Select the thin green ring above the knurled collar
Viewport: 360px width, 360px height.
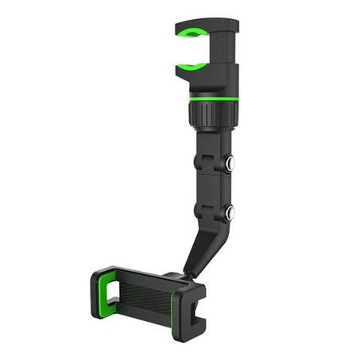[x=214, y=98]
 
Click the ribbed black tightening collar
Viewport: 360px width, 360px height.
[x=213, y=113]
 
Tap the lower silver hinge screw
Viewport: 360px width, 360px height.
[x=229, y=212]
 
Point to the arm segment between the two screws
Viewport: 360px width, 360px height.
[x=212, y=188]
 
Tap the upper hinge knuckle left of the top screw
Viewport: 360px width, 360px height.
[x=204, y=163]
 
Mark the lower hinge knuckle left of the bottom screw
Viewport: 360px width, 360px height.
[x=204, y=212]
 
